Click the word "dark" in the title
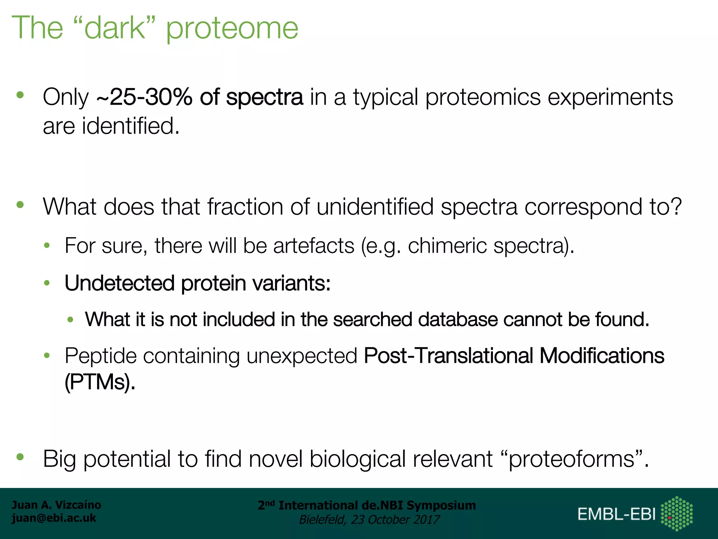(x=115, y=28)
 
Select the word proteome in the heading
(x=232, y=30)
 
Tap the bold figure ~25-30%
(x=144, y=97)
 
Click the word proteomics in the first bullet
(x=483, y=98)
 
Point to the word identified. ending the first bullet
(x=130, y=126)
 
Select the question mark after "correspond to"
(x=676, y=207)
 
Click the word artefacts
(x=314, y=246)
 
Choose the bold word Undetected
(x=120, y=283)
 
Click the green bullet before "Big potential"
(x=20, y=457)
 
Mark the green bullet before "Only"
(x=20, y=95)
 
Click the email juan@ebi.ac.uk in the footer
(x=54, y=518)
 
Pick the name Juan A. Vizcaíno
(x=56, y=505)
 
